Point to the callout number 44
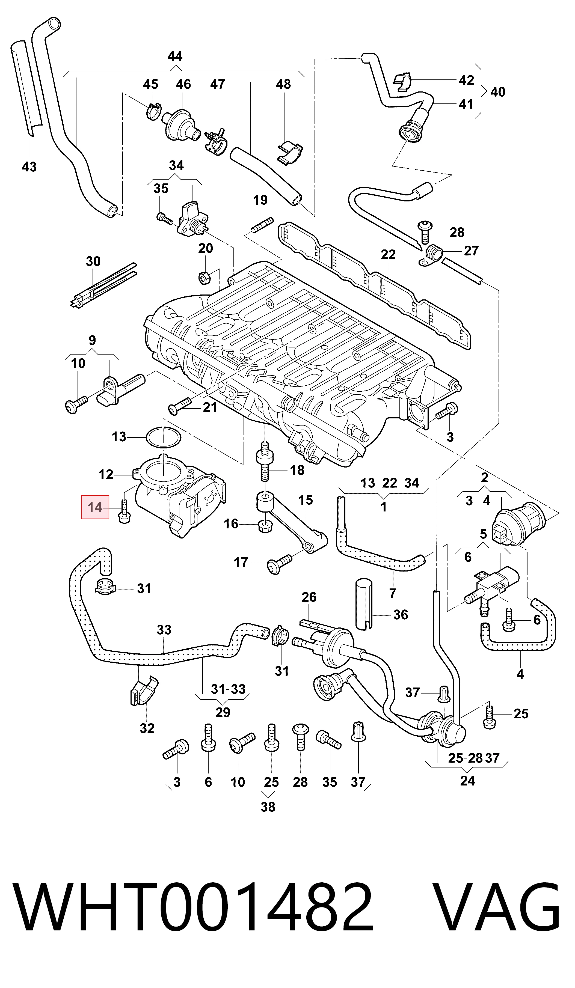pyautogui.click(x=175, y=56)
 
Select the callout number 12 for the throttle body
pyautogui.click(x=106, y=474)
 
